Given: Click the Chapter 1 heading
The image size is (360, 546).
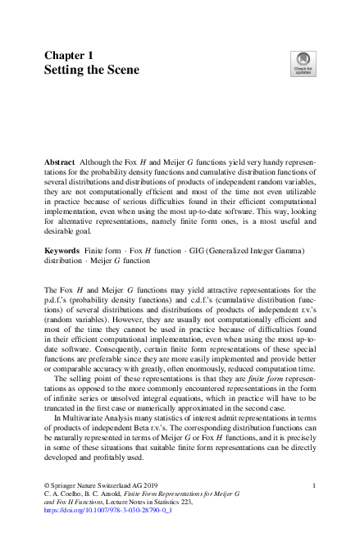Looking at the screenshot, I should (70, 54).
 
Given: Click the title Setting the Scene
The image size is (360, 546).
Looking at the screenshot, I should (92, 70).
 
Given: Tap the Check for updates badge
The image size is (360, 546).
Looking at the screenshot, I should (302, 63).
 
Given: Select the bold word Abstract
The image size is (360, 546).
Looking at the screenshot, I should (60, 163).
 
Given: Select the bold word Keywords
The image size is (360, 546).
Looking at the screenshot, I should (62, 248).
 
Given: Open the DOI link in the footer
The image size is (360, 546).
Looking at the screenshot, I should (95, 510).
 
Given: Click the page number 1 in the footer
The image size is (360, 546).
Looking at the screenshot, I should (315, 486).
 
